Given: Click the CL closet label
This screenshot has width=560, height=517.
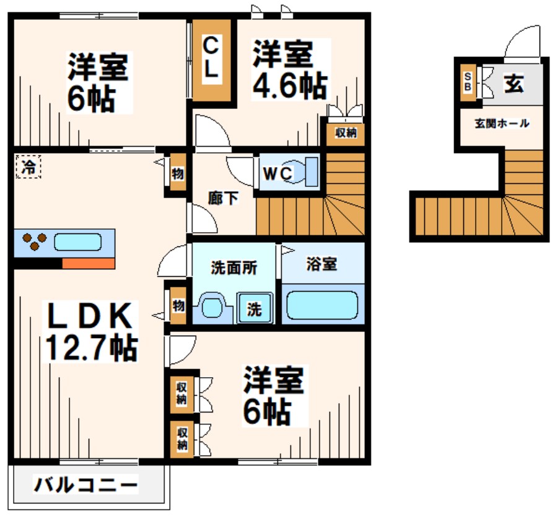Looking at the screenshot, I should coord(211,57).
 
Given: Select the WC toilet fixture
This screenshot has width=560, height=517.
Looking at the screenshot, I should coord(304,172).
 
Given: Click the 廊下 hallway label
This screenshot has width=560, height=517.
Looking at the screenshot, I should coord(221,199).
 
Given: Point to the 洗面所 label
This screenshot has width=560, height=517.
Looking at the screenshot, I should coord(234,268).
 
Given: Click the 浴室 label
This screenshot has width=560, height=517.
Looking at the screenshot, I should coord(322,264).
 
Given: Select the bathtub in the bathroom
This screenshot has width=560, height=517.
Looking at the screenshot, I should coord(322,303).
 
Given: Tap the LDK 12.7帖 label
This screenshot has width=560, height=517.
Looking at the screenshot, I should coord(90,331).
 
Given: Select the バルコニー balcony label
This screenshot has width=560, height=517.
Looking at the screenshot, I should coord(85,484).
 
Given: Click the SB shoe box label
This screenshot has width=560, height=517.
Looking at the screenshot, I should coord(467,81).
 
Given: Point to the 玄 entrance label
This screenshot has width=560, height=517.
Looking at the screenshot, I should coord(514,84).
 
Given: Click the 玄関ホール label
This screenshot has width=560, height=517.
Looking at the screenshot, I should coord(502,123).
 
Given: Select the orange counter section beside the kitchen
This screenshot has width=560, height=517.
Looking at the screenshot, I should coord(89,263).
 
